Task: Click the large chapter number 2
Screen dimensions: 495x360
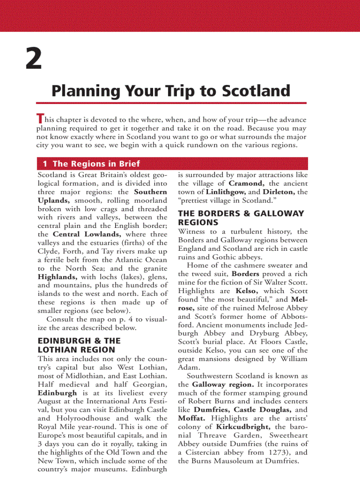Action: tap(34, 60)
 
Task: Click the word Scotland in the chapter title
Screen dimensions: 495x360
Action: tap(256, 91)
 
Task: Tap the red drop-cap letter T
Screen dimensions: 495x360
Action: tap(40, 119)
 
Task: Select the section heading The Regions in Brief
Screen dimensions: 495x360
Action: tap(96, 164)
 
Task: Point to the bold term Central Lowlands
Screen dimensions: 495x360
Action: tap(86, 234)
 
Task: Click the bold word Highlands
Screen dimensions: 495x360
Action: tap(57, 277)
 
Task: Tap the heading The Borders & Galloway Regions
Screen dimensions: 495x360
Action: tap(241, 218)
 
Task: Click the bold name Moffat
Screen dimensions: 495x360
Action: tap(192, 418)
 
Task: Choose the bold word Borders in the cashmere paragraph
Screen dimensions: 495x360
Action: tap(245, 274)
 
